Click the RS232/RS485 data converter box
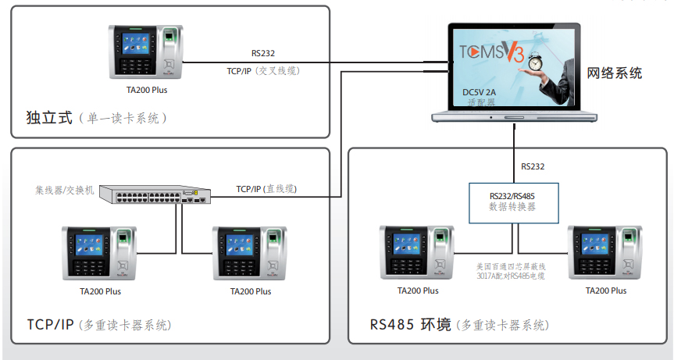pyautogui.click(x=514, y=203)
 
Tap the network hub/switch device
pyautogui.click(x=155, y=194)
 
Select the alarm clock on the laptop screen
pyautogui.click(x=535, y=62)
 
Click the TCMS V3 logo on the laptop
pyautogui.click(x=492, y=52)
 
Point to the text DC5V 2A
pyautogui.click(x=479, y=92)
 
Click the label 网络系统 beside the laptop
pyautogui.click(x=614, y=73)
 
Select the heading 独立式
pyautogui.click(x=49, y=117)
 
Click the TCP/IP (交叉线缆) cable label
pyautogui.click(x=263, y=71)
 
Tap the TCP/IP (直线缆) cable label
pyautogui.click(x=266, y=189)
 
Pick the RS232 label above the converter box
pyautogui.click(x=533, y=166)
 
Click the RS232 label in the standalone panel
pyautogui.click(x=263, y=53)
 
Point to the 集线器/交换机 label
pyautogui.click(x=65, y=190)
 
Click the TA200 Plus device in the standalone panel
pyautogui.click(x=146, y=52)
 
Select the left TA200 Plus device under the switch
pyautogui.click(x=99, y=253)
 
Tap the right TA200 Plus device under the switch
pyautogui.click(x=250, y=253)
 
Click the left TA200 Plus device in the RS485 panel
pyautogui.click(x=417, y=252)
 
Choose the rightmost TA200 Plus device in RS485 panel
pyautogui.click(x=605, y=252)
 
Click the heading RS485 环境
pyautogui.click(x=411, y=324)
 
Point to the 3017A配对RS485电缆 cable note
pyautogui.click(x=511, y=276)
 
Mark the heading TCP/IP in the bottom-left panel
pyautogui.click(x=50, y=324)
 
